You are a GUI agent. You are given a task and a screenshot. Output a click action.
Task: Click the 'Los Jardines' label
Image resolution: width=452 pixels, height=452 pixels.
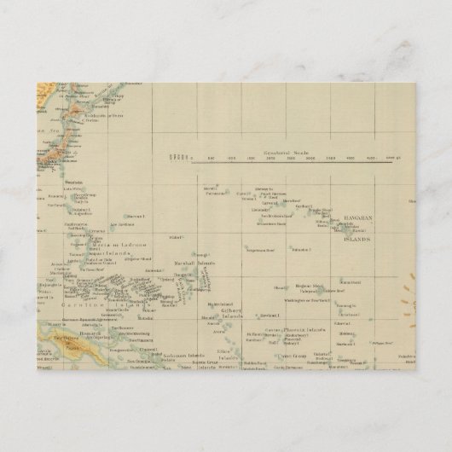coord(124,225)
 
